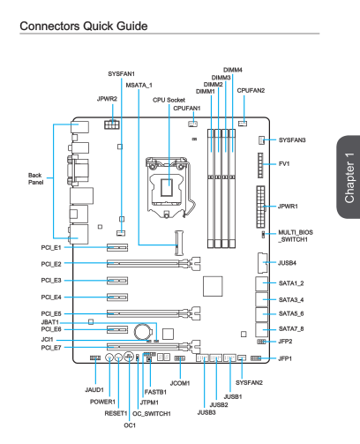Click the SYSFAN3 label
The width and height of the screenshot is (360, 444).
click(x=292, y=139)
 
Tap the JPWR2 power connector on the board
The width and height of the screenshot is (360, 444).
click(x=112, y=124)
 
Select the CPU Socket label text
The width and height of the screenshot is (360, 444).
click(x=169, y=100)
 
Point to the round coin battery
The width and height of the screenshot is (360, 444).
click(x=143, y=332)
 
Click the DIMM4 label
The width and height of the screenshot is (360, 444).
click(x=233, y=70)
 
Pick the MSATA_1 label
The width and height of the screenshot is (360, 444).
click(x=139, y=86)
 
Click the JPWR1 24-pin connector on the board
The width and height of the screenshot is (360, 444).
click(x=260, y=207)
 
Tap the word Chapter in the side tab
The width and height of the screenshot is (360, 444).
click(x=349, y=187)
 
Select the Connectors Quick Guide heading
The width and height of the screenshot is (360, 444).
click(x=84, y=26)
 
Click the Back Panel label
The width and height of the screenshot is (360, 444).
click(x=35, y=178)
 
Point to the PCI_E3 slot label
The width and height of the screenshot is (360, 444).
click(x=51, y=281)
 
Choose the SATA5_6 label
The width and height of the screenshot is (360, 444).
click(x=291, y=313)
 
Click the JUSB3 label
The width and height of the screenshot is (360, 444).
click(x=206, y=412)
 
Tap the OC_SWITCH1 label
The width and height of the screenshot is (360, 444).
click(x=152, y=414)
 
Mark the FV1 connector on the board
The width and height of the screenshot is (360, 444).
click(x=260, y=165)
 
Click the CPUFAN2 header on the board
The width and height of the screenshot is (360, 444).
click(x=243, y=124)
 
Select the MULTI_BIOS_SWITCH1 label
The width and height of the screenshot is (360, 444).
click(x=296, y=236)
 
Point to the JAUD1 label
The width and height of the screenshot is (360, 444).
click(x=94, y=390)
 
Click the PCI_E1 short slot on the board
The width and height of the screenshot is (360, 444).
click(x=117, y=247)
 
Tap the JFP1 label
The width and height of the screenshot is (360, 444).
click(x=285, y=358)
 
